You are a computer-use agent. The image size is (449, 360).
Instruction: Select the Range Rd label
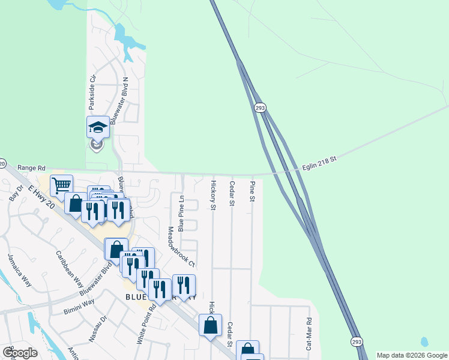[32, 169]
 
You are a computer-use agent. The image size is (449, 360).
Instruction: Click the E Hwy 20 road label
[42, 197]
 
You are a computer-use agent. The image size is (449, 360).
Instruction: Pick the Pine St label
[253, 191]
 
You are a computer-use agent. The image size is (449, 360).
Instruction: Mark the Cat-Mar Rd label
[309, 334]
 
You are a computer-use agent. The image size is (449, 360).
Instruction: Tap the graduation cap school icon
[98, 127]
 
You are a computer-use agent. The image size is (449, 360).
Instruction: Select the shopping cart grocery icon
[61, 185]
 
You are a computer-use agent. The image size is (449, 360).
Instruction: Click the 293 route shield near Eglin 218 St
[259, 107]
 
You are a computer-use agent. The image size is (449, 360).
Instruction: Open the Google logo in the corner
[20, 353]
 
